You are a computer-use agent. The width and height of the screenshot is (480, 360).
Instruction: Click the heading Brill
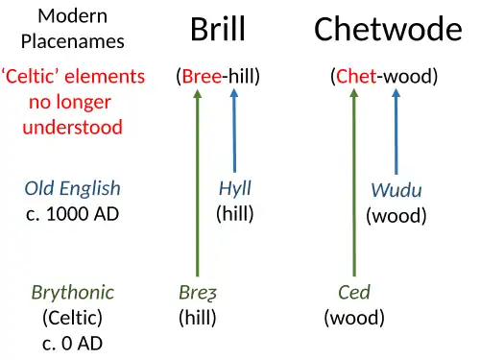[x=218, y=30]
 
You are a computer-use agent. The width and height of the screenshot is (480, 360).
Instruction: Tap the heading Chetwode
[x=388, y=30]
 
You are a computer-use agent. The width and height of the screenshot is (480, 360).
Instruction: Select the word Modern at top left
[x=72, y=16]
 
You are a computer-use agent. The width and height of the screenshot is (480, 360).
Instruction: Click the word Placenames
[x=73, y=41]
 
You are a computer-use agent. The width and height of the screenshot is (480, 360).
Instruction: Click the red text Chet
[x=356, y=77]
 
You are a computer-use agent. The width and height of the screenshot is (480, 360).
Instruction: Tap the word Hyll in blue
[x=234, y=188]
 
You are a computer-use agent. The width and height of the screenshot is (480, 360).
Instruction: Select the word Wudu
[x=396, y=190]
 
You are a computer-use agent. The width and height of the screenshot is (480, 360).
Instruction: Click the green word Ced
[x=353, y=292]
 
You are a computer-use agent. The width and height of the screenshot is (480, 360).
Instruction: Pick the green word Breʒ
[x=197, y=292]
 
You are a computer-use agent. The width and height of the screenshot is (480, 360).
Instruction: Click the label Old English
[x=73, y=188]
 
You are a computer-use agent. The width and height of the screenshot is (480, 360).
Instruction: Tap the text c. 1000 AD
[x=73, y=213]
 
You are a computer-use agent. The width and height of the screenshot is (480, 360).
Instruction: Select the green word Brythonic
[x=73, y=292]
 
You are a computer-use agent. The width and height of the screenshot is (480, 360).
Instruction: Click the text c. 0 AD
[x=73, y=343]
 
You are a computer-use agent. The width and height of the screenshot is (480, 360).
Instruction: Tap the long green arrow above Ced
[x=354, y=182]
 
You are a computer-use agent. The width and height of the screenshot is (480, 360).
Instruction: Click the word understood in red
[x=73, y=128]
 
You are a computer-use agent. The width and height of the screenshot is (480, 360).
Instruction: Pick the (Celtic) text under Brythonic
[x=73, y=317]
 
